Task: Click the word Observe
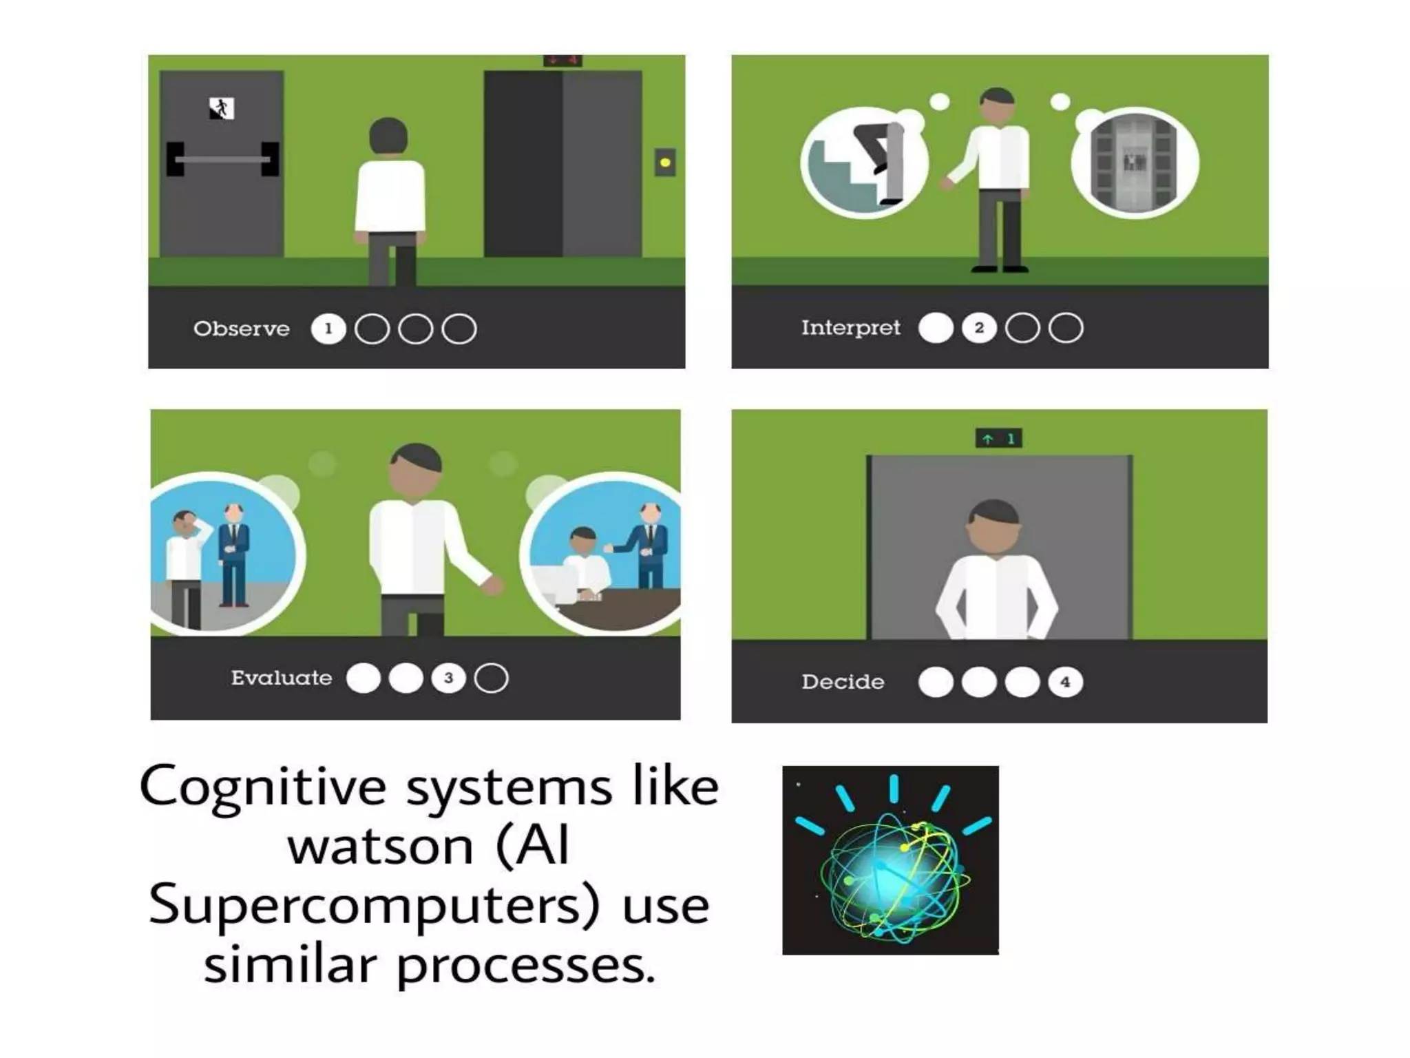[x=241, y=329]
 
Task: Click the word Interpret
[x=850, y=327]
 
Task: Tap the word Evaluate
[x=281, y=678]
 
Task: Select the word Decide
[x=843, y=682]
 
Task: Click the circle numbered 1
[x=328, y=329]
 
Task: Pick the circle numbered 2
[x=979, y=328]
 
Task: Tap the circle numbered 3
[x=448, y=678]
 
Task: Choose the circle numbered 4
[x=1065, y=682]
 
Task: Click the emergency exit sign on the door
[x=222, y=108]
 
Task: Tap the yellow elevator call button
[x=664, y=163]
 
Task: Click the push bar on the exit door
[x=223, y=159]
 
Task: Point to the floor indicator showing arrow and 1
[x=998, y=438]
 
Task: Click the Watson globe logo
[x=890, y=861]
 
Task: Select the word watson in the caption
[x=380, y=847]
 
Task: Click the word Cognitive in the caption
[x=262, y=787]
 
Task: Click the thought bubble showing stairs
[x=864, y=163]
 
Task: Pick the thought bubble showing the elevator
[x=1135, y=163]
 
